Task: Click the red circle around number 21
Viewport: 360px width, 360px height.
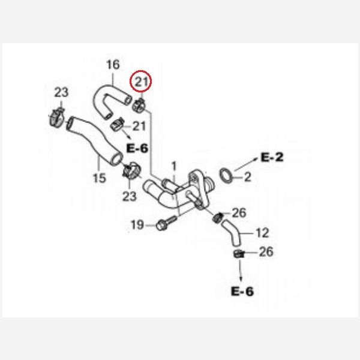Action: click(x=142, y=82)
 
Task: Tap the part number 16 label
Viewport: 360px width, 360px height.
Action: click(x=113, y=65)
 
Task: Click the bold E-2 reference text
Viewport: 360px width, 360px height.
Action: click(x=271, y=158)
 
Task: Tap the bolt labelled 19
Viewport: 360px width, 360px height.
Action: click(x=163, y=226)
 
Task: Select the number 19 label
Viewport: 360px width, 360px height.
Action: click(x=137, y=225)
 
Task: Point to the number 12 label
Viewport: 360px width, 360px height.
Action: click(x=262, y=232)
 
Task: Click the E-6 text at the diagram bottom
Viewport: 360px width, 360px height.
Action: click(x=242, y=292)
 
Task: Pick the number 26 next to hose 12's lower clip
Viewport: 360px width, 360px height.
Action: click(x=266, y=252)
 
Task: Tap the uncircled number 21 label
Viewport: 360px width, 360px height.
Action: click(x=139, y=126)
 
